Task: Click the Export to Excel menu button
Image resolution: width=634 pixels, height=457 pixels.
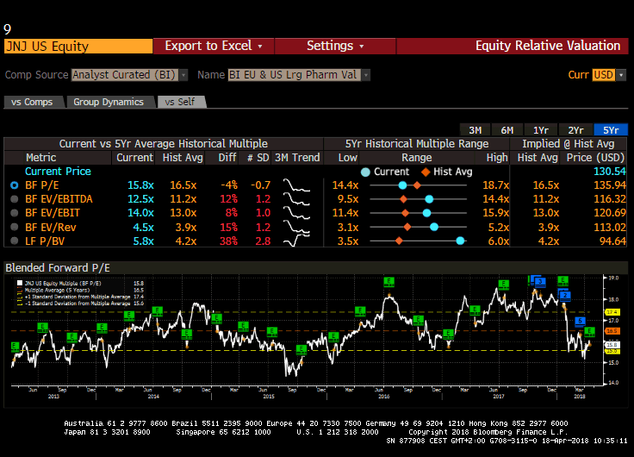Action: click(213, 46)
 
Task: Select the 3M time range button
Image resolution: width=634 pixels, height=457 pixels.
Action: click(475, 129)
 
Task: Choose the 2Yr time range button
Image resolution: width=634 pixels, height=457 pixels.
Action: click(575, 129)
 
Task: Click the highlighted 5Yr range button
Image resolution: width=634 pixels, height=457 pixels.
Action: click(611, 129)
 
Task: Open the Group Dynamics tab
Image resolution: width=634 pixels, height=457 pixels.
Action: click(109, 102)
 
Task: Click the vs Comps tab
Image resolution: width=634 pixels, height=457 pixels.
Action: click(33, 102)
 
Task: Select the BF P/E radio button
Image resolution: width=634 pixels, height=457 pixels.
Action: click(14, 185)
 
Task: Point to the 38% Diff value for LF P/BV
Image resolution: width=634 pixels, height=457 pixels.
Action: click(227, 241)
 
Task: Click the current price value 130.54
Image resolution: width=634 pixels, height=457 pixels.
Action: click(610, 172)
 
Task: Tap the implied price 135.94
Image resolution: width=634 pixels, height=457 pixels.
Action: click(610, 185)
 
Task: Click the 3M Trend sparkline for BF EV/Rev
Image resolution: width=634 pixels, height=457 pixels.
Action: click(297, 227)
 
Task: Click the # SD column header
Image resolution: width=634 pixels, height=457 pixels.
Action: click(258, 157)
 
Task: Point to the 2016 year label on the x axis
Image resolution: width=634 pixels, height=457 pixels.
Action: click(383, 396)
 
